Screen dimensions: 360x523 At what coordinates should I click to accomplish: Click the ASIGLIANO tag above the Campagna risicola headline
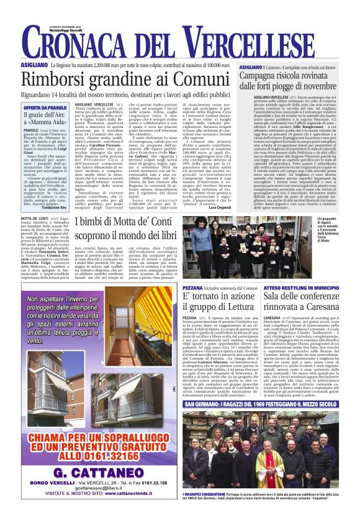(250, 66)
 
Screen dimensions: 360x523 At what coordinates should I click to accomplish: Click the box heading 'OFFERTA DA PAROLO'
(45, 107)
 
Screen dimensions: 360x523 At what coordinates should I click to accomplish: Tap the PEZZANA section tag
(193, 289)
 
